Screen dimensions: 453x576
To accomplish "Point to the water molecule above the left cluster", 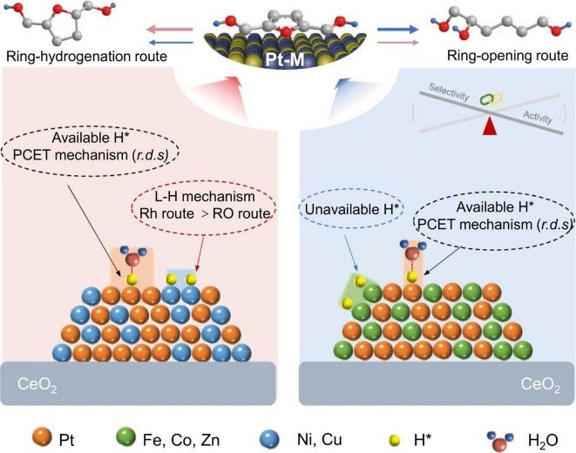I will pyautogui.click(x=132, y=260).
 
